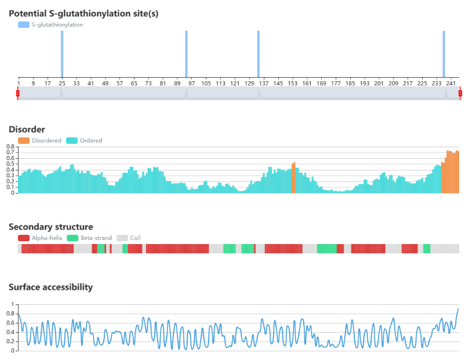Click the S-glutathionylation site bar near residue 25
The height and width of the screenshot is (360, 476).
[62, 54]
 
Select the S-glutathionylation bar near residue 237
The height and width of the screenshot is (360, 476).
[444, 54]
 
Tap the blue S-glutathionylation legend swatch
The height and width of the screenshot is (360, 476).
[24, 24]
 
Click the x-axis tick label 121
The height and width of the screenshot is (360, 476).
[235, 83]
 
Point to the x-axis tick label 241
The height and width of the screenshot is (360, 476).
[451, 83]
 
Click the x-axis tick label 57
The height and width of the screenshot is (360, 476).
[119, 83]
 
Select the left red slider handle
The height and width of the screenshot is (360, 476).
[17, 93]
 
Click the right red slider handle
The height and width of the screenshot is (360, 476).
[460, 93]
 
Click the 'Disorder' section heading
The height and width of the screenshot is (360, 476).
[27, 129]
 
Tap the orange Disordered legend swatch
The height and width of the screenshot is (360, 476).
[24, 140]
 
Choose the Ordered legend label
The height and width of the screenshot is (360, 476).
[91, 140]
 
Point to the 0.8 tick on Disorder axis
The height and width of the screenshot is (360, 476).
[10, 147]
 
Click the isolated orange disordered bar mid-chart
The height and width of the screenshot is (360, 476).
[293, 177]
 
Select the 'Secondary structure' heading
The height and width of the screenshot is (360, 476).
[50, 227]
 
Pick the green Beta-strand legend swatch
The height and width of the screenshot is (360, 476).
[72, 238]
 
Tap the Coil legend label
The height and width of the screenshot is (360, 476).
[135, 238]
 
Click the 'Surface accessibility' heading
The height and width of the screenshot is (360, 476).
[50, 287]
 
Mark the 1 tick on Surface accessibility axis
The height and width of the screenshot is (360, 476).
[12, 304]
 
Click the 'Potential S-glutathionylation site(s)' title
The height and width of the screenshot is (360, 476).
[83, 14]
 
